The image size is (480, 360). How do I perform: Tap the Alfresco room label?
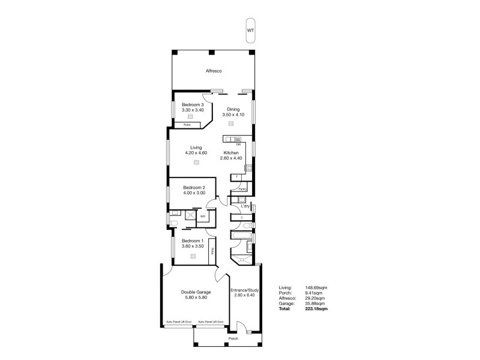[x=214, y=71]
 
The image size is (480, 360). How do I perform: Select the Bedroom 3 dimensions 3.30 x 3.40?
[x=193, y=110]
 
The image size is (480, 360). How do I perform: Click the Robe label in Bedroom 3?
[x=187, y=125]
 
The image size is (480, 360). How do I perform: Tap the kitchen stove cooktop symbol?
[x=248, y=169]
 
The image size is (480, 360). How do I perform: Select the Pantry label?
[x=242, y=189]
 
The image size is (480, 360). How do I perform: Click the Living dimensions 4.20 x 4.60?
[x=196, y=153]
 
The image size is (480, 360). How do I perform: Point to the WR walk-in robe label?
[x=203, y=216]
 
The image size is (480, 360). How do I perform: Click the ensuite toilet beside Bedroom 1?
[x=174, y=223]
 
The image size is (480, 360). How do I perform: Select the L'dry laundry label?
[x=245, y=206]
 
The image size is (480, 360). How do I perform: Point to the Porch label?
[x=233, y=338]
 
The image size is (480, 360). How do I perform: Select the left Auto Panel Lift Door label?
[x=179, y=321]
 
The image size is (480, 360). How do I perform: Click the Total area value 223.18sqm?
[x=317, y=308]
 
